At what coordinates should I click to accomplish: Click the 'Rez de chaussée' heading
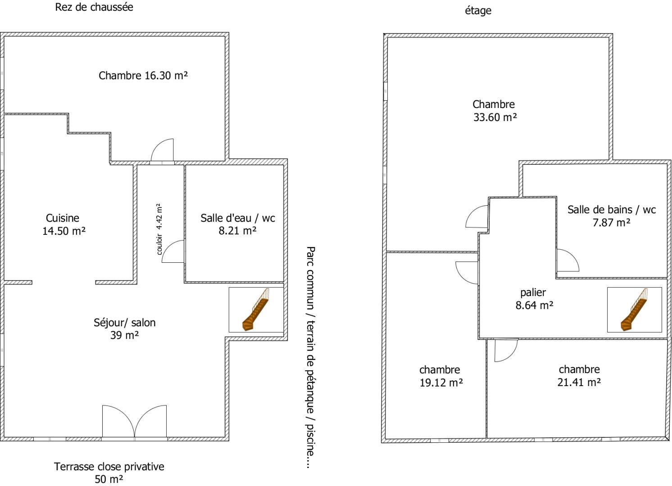click(x=94, y=7)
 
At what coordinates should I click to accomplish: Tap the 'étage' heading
click(x=478, y=11)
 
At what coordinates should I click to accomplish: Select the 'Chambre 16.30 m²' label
click(x=143, y=75)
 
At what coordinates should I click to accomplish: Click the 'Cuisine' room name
click(x=63, y=218)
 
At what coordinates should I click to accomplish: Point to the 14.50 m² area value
click(x=64, y=231)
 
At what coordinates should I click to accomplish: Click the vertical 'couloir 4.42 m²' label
click(x=159, y=229)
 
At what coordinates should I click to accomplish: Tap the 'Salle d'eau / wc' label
click(x=238, y=218)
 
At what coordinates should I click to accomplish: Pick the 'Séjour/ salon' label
click(x=124, y=323)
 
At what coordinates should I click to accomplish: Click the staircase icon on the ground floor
click(x=256, y=310)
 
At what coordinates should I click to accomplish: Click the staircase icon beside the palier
click(x=634, y=310)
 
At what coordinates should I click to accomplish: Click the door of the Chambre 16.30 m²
click(x=162, y=151)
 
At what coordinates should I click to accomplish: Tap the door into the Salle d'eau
click(x=173, y=251)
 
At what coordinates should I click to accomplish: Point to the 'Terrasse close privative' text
click(x=109, y=467)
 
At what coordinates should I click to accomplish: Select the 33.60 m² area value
click(x=495, y=117)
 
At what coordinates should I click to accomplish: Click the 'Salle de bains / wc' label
click(x=611, y=210)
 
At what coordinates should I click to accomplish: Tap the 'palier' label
click(x=533, y=292)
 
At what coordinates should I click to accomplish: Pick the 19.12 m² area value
click(x=441, y=382)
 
